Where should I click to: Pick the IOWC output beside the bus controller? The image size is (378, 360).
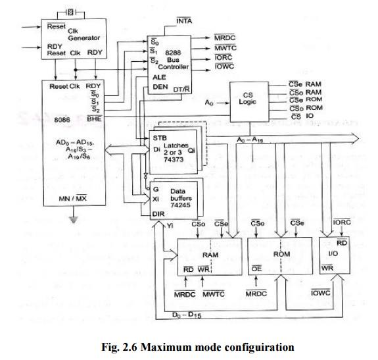point(224,66)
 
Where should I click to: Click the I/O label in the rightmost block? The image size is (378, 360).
point(333,253)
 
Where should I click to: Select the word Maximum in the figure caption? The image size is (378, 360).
point(151,346)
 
